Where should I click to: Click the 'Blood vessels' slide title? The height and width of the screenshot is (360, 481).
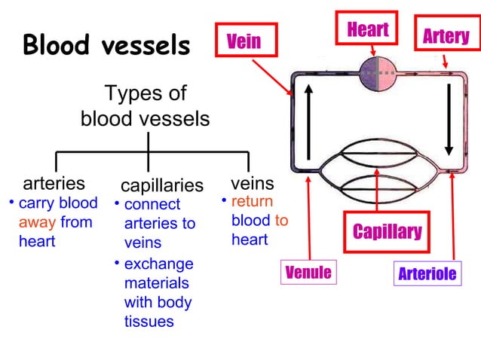click(x=106, y=47)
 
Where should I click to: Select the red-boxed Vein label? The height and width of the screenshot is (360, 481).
click(x=245, y=40)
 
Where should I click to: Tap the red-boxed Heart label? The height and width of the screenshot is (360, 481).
click(x=368, y=30)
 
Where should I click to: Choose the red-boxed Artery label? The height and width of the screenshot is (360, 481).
click(x=446, y=36)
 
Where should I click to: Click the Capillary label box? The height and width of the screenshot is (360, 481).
click(x=388, y=230)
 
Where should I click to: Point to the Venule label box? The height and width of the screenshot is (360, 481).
click(x=308, y=272)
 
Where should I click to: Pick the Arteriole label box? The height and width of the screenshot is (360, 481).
click(x=427, y=273)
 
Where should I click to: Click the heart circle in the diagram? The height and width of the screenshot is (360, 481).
click(x=378, y=74)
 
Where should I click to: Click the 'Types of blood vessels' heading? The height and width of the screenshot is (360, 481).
click(x=145, y=106)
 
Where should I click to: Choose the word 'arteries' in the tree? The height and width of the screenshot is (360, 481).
click(x=54, y=183)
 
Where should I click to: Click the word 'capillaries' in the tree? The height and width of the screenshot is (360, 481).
click(x=162, y=185)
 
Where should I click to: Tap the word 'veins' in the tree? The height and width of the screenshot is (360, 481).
click(x=252, y=183)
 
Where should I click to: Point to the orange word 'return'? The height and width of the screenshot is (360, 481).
click(x=252, y=202)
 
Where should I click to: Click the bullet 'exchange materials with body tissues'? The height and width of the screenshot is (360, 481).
click(x=158, y=293)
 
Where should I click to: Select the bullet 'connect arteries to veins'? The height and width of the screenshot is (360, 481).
click(x=159, y=224)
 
